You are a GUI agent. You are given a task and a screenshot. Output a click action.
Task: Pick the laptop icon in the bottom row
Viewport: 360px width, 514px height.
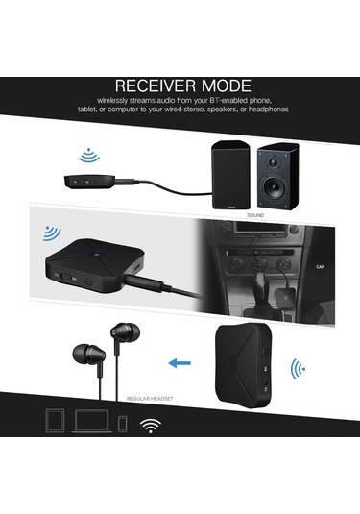point(90,422)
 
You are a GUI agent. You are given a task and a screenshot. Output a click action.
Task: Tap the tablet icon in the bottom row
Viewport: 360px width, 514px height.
point(55,421)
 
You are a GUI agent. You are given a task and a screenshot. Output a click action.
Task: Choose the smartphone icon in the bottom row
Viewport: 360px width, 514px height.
point(122,423)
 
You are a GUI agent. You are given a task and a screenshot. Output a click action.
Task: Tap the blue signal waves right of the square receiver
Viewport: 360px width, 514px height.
point(300,369)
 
